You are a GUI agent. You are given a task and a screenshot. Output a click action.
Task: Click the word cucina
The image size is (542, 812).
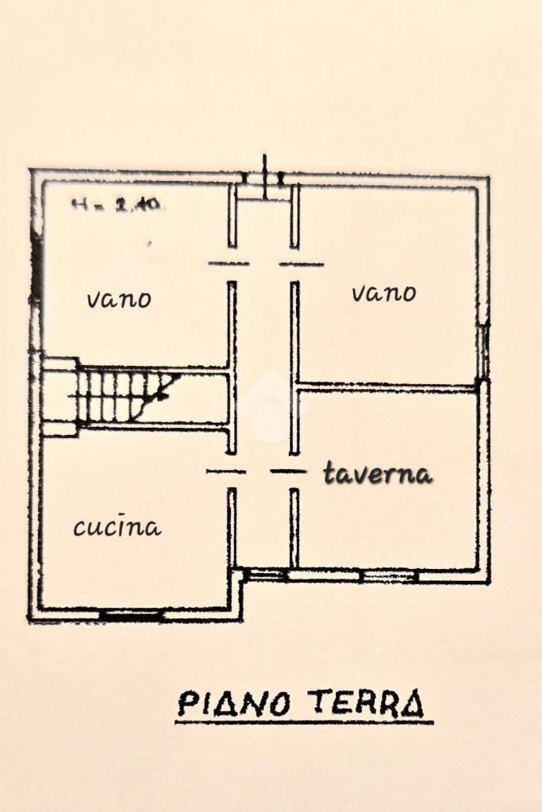point(117,528)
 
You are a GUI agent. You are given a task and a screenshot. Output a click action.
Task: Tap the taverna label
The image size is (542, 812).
point(379,475)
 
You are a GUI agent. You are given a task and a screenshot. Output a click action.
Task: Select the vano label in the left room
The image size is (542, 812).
point(118,299)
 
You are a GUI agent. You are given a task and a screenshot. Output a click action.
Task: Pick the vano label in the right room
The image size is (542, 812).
point(383,294)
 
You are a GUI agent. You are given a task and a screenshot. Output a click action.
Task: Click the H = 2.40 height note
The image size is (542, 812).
point(117,204)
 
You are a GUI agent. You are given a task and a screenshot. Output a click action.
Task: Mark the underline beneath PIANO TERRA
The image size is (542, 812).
point(303,722)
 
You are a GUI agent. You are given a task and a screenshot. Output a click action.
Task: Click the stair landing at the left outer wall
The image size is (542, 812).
point(59,397)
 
